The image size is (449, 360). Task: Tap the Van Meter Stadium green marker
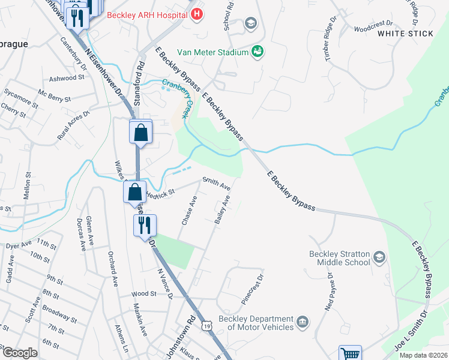(258, 52)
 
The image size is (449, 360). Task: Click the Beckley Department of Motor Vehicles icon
(303, 322)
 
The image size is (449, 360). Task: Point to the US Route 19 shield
(207, 325)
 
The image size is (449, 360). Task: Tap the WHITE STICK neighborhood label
(405, 34)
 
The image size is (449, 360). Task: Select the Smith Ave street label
(216, 182)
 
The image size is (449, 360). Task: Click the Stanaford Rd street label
(137, 82)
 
